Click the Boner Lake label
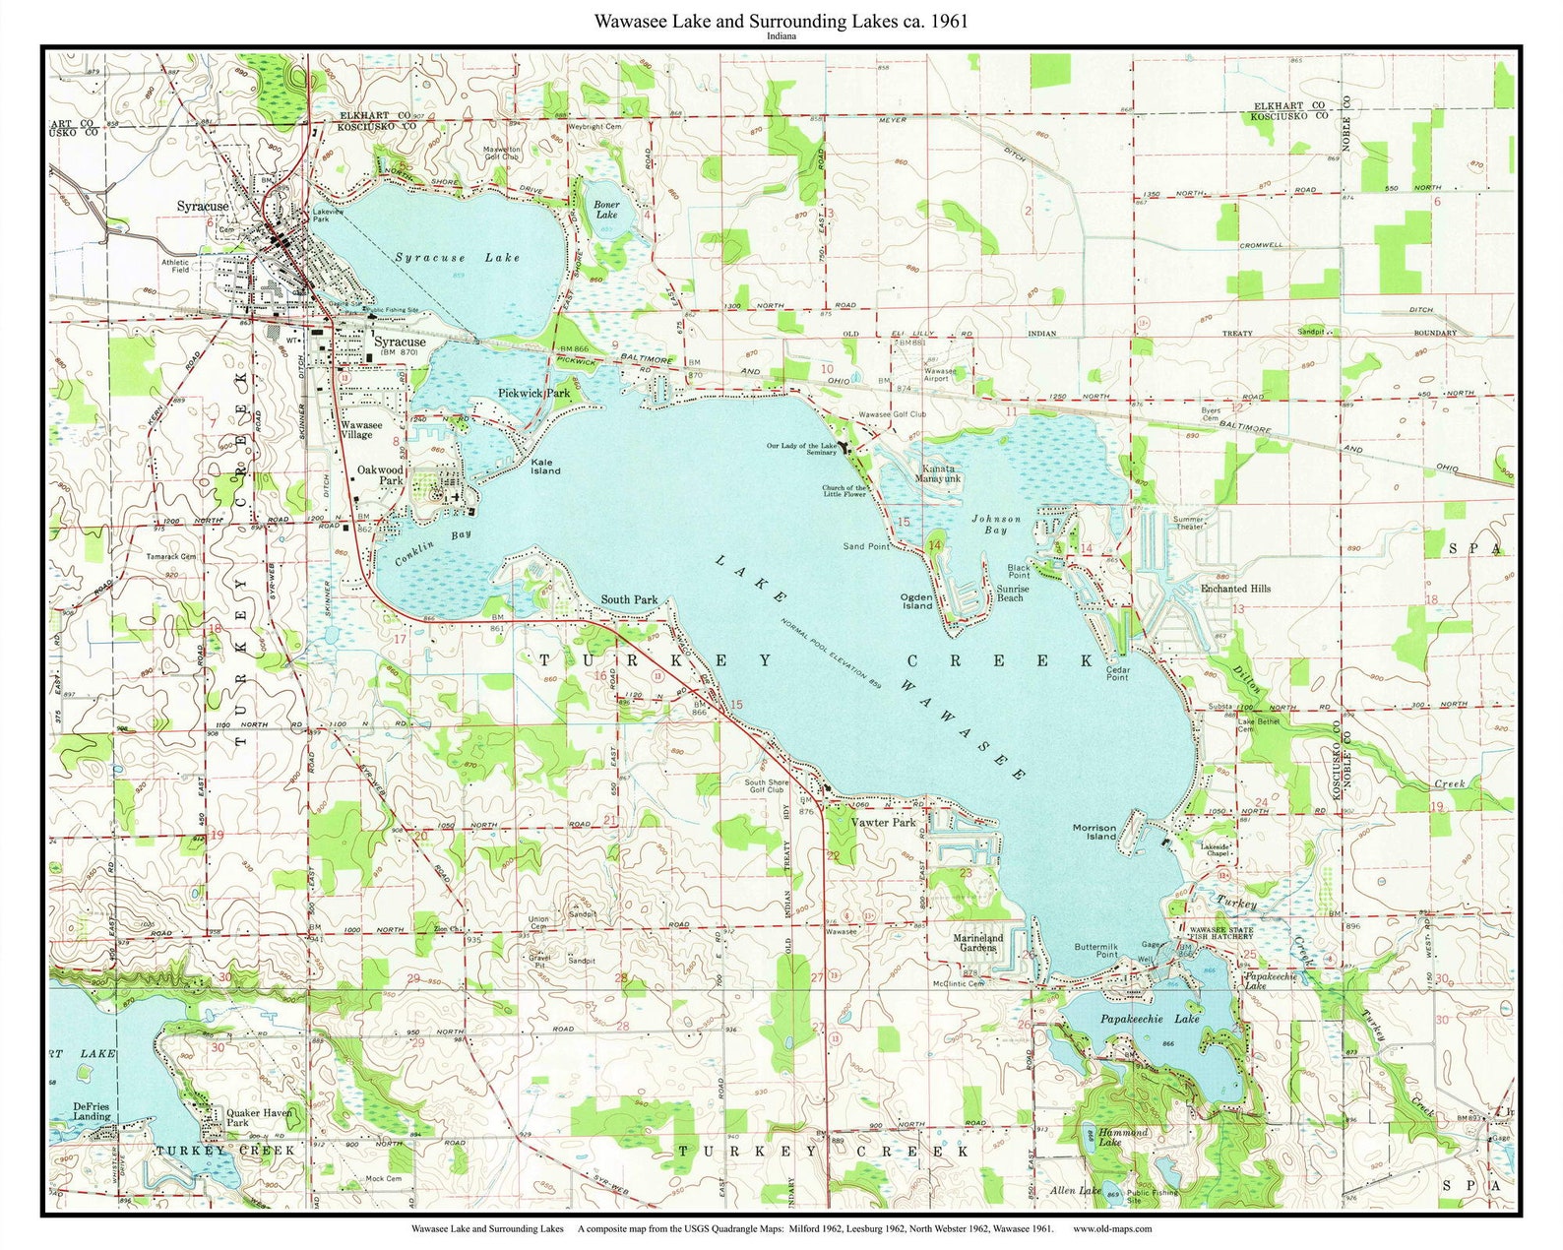click(x=607, y=210)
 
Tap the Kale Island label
click(x=545, y=467)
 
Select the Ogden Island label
click(x=916, y=601)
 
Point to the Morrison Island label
click(x=1094, y=832)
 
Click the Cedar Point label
click(x=1117, y=673)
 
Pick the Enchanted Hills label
click(x=1235, y=589)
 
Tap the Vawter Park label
click(x=883, y=822)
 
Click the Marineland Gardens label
click(x=978, y=943)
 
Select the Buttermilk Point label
click(x=1095, y=950)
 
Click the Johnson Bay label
click(x=996, y=524)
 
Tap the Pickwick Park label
click(x=533, y=393)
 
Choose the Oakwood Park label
click(x=380, y=475)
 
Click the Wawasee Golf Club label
click(x=892, y=415)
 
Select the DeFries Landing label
click(x=92, y=1111)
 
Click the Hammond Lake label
click(x=1122, y=1137)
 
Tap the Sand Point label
click(x=866, y=546)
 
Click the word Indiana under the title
click(x=781, y=36)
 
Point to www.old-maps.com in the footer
click(x=1112, y=1228)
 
